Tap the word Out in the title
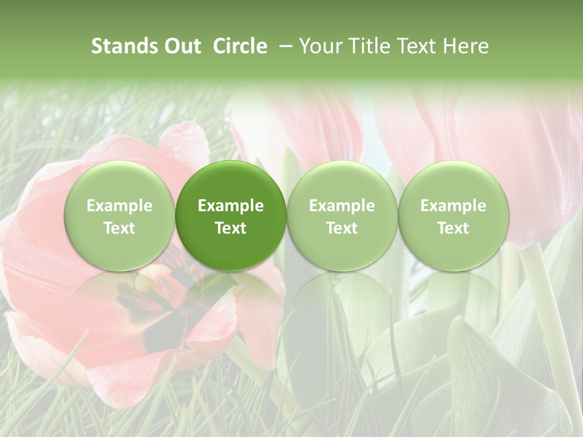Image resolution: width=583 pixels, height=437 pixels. pos(180,46)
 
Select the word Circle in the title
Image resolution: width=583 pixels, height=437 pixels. pos(240,46)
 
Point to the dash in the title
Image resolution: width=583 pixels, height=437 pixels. pos(284,47)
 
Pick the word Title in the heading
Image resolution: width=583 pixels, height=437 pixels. pos(367,46)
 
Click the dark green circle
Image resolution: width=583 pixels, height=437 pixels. pos(231,215)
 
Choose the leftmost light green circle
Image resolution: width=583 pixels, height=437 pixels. pos(119,215)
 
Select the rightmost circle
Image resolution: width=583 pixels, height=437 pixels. pos(453,215)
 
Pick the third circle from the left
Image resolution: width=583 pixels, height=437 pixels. pos(342,215)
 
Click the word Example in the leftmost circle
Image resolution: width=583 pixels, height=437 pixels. pos(119,206)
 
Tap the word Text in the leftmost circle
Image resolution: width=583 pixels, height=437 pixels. pos(119,228)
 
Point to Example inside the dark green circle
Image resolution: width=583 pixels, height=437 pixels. pos(231,206)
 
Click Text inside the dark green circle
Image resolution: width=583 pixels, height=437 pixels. pos(231,228)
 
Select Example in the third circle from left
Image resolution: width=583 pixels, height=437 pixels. pos(342,206)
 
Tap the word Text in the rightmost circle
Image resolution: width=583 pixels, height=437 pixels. pos(453,228)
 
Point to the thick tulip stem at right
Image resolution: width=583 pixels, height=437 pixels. pos(550,316)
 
